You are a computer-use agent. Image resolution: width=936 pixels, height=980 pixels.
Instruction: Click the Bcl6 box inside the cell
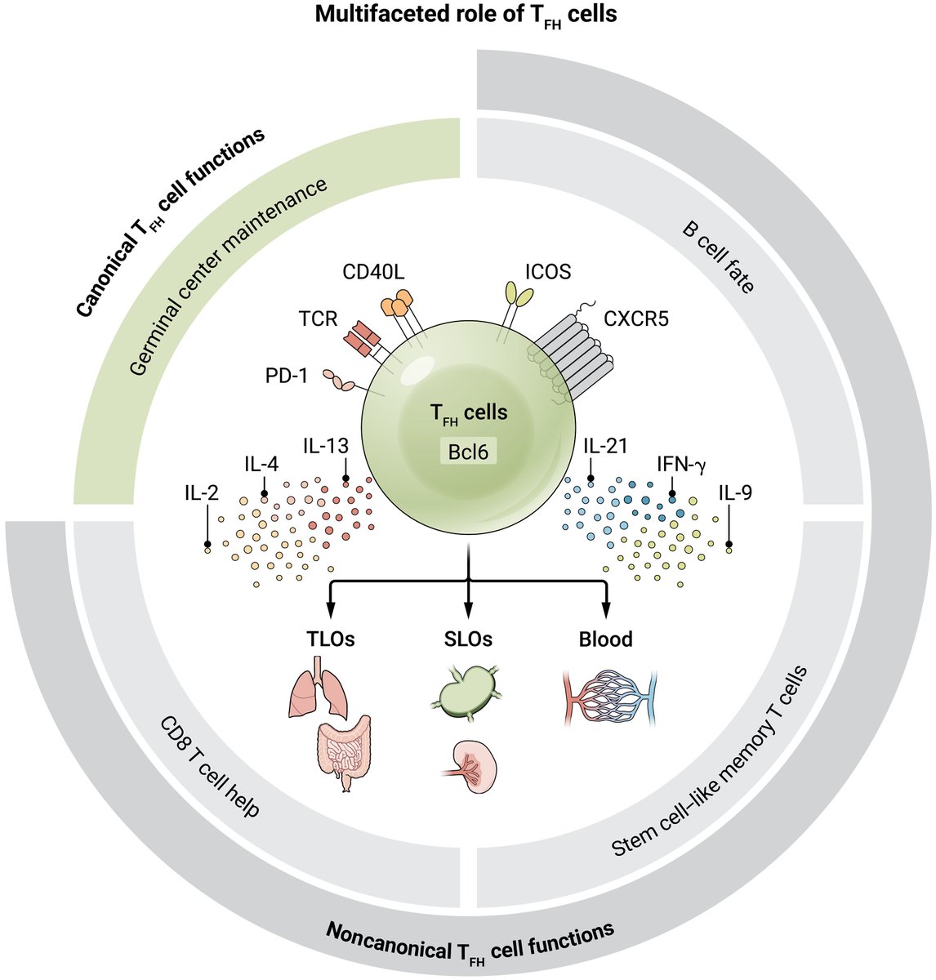click(x=468, y=450)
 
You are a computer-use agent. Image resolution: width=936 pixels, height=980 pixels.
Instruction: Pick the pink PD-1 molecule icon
click(x=344, y=380)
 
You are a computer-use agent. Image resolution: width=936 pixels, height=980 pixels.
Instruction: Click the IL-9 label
click(x=736, y=492)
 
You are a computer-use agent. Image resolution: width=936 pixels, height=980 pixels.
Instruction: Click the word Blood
click(x=606, y=639)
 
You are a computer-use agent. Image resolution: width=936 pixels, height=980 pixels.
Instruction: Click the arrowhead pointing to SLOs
click(x=468, y=611)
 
